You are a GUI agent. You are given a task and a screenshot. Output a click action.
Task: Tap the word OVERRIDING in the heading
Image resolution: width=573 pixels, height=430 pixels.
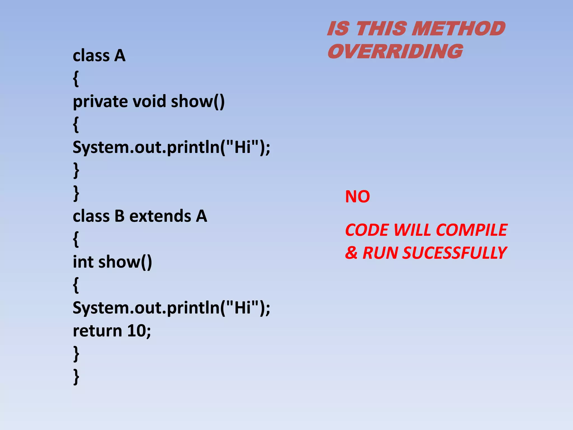(x=395, y=52)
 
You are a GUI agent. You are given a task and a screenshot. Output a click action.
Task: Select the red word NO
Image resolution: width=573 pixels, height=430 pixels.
(x=357, y=197)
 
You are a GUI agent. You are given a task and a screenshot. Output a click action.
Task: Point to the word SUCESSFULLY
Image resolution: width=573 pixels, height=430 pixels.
(x=454, y=253)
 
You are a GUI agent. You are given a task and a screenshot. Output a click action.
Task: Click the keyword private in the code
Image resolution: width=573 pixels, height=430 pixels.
(x=100, y=101)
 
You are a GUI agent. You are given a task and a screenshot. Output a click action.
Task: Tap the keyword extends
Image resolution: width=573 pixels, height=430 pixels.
(x=160, y=216)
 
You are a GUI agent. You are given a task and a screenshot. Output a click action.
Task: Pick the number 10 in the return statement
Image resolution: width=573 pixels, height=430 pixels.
(x=137, y=331)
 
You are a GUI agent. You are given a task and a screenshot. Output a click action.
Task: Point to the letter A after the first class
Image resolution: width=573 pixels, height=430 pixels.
(x=120, y=55)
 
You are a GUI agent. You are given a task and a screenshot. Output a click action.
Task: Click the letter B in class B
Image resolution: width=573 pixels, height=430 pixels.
(x=119, y=216)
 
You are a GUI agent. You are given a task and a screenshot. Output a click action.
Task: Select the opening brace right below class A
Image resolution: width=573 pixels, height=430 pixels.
(x=76, y=79)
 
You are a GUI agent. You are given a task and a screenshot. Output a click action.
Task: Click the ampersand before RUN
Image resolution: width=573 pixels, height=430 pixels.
(x=351, y=253)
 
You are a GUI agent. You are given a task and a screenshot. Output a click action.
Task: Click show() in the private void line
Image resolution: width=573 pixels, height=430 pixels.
(x=198, y=101)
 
